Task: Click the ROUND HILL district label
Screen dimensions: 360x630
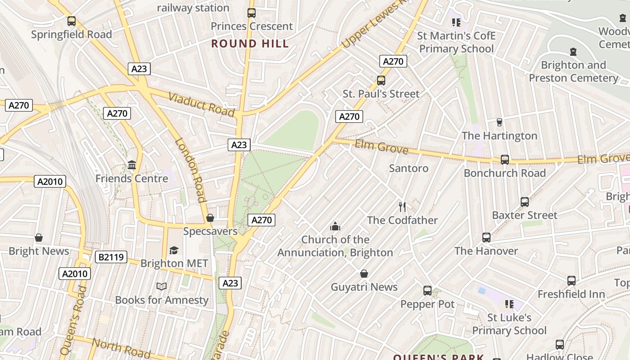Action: [250, 44]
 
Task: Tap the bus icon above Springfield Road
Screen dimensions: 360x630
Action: [71, 21]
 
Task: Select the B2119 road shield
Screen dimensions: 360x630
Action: [111, 257]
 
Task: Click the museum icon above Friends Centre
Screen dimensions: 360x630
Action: [132, 165]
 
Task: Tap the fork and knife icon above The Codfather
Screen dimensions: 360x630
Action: [402, 207]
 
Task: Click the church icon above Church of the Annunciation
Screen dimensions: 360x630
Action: [335, 226]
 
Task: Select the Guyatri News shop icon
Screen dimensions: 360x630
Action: [364, 274]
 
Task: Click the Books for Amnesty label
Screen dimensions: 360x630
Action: [162, 300]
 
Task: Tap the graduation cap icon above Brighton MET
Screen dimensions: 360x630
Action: [174, 250]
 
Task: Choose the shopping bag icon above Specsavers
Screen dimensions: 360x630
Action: [210, 218]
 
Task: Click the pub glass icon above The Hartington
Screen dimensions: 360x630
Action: [499, 122]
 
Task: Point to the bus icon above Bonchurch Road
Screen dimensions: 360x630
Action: [505, 160]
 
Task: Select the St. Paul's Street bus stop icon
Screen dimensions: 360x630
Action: [381, 81]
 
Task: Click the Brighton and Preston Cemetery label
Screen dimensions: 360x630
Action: [573, 72]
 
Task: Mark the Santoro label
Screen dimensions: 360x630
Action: [409, 168]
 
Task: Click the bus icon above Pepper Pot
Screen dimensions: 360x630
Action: [427, 291]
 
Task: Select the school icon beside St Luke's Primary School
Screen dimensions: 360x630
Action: [509, 304]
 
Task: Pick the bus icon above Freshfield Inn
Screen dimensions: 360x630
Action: [571, 281]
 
